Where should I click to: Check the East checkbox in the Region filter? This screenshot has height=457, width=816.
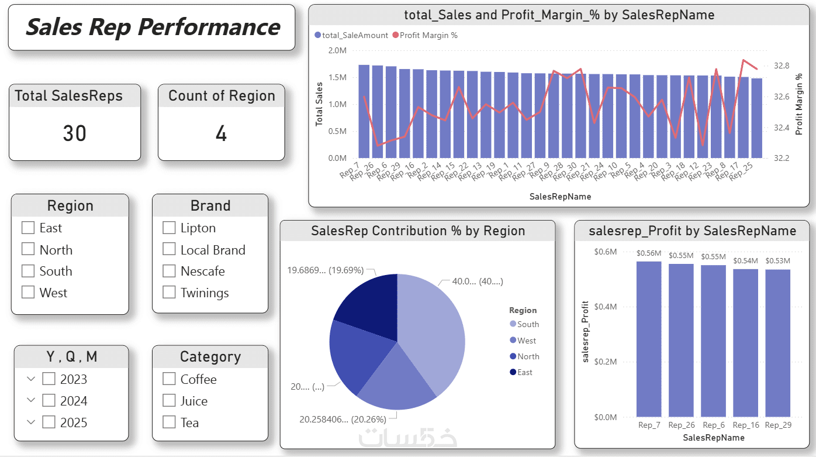click(x=28, y=228)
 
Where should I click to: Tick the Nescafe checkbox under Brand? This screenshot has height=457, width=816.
click(x=169, y=271)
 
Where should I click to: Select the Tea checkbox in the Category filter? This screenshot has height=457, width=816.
click(x=169, y=422)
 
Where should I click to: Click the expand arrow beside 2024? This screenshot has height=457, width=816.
click(x=31, y=401)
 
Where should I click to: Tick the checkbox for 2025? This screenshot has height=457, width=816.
click(x=49, y=422)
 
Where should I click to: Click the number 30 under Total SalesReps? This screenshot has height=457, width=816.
click(x=74, y=134)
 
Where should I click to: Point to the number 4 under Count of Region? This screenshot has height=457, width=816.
click(x=221, y=134)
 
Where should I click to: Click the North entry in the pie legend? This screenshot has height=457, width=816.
click(x=528, y=356)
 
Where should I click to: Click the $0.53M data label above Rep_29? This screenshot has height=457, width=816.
click(x=777, y=261)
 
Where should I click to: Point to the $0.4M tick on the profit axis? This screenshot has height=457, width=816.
click(x=605, y=307)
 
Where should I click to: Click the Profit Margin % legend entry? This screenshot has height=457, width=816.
click(x=428, y=35)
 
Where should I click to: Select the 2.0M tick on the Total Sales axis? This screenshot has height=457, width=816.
click(x=337, y=50)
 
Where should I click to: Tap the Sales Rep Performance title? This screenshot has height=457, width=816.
click(x=152, y=28)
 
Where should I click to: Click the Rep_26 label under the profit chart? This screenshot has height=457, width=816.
click(x=681, y=425)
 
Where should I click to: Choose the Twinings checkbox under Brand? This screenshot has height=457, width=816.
click(x=169, y=293)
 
